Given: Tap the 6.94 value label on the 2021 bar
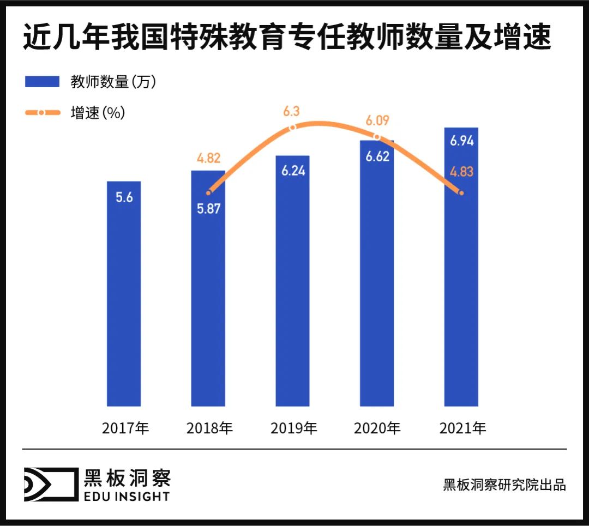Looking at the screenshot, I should (x=461, y=141).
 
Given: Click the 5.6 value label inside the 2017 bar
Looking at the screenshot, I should (x=124, y=197).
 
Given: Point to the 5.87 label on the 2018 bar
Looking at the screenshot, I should (x=208, y=209).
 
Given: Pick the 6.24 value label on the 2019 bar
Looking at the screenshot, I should (x=293, y=171).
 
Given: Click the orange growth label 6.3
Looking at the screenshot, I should (x=291, y=112).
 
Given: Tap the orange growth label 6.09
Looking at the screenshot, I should (x=377, y=120).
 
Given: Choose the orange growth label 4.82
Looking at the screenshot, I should (x=208, y=159).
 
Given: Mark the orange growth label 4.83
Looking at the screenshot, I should (x=461, y=172).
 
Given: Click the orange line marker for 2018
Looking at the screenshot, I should (x=208, y=192).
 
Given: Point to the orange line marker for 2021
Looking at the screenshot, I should (x=462, y=192).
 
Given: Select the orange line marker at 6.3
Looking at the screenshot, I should (x=292, y=127).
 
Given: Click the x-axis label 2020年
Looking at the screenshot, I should (x=377, y=428).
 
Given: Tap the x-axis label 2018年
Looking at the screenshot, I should (x=209, y=428).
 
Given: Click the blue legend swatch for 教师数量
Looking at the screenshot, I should (x=41, y=82).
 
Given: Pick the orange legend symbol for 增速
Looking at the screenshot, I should (x=41, y=113).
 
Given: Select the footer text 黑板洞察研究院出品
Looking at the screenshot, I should (x=504, y=485).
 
